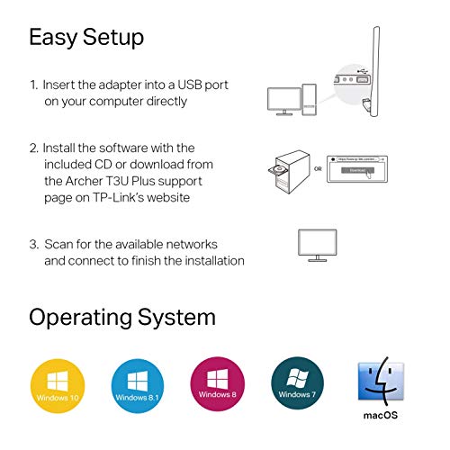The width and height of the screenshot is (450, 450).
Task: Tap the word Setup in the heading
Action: coord(112,38)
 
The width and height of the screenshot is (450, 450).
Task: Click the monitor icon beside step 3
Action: coord(318,244)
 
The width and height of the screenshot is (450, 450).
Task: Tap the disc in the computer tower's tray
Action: coord(277,169)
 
